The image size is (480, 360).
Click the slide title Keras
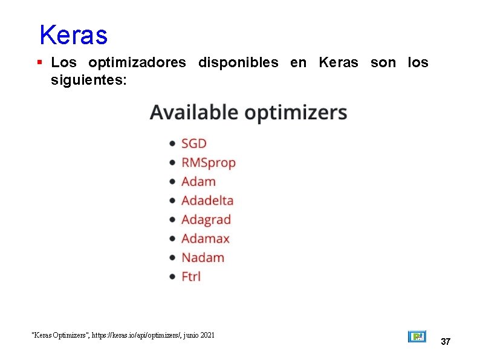[x=73, y=35]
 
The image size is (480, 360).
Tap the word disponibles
[x=238, y=62]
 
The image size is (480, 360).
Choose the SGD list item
[x=194, y=143]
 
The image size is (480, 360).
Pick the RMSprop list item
[x=209, y=163]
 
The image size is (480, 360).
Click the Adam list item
[x=198, y=182]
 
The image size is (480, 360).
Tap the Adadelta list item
[x=207, y=200]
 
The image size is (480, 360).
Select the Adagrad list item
[x=206, y=220]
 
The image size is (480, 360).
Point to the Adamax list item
[x=206, y=238]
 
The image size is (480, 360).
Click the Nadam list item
[x=203, y=257]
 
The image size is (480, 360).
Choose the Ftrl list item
[x=191, y=277]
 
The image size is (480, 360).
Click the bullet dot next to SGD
[x=172, y=144]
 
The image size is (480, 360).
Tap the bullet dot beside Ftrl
[x=172, y=277]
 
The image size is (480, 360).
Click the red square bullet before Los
[x=40, y=62]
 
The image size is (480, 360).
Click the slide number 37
[x=446, y=342]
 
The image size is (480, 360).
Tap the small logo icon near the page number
[x=417, y=336]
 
